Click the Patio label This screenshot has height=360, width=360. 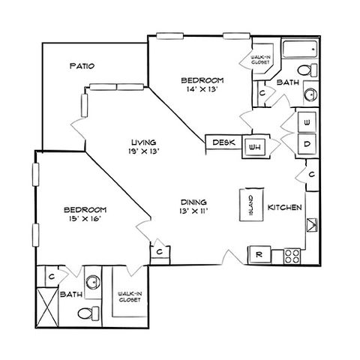(x=82, y=66)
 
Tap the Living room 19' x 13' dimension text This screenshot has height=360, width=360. (x=144, y=151)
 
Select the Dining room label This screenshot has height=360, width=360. (x=193, y=202)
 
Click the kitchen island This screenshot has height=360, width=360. (x=251, y=205)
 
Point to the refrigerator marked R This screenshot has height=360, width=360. (x=259, y=254)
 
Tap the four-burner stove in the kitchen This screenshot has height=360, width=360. (x=292, y=256)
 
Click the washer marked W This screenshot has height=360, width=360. (x=307, y=122)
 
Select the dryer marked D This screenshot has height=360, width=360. (x=307, y=144)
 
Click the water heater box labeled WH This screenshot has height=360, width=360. (x=255, y=147)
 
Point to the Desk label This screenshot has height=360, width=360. (x=223, y=142)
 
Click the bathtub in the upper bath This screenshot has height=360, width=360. (x=300, y=49)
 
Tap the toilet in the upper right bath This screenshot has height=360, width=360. (x=307, y=70)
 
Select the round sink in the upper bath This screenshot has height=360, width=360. (x=310, y=94)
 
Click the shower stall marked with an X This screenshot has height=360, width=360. (x=48, y=307)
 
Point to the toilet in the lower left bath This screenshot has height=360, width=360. (x=88, y=313)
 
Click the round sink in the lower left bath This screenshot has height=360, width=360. (x=93, y=282)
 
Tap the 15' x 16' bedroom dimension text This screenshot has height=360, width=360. (x=85, y=219)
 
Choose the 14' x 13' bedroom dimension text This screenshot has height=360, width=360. (x=202, y=89)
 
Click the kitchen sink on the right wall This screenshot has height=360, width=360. (x=312, y=225)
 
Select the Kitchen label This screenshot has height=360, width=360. (x=285, y=207)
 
